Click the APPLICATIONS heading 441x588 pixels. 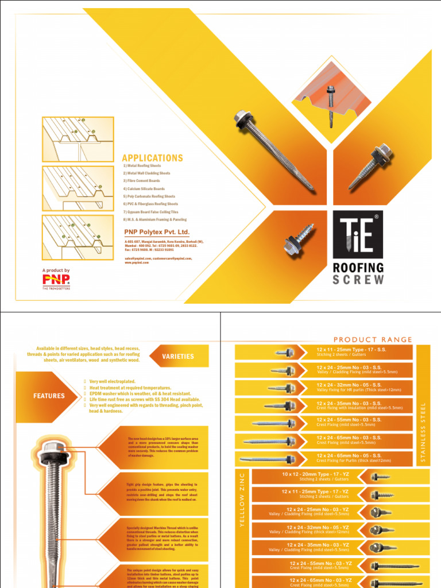pos(152,158)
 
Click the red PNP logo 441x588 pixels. pos(56,280)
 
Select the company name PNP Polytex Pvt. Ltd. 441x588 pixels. pos(157,232)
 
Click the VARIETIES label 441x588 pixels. pos(178,357)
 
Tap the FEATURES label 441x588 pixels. pos(49,396)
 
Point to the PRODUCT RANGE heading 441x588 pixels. pos(373,340)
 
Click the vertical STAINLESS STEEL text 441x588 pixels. pos(423,432)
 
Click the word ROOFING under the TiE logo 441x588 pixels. pos(358,268)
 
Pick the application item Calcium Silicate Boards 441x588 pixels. pos(144,188)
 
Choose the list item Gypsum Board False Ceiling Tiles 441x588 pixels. pos(150,212)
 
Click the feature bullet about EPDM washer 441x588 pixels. pos(141,393)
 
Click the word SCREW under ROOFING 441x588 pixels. pos(358,280)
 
